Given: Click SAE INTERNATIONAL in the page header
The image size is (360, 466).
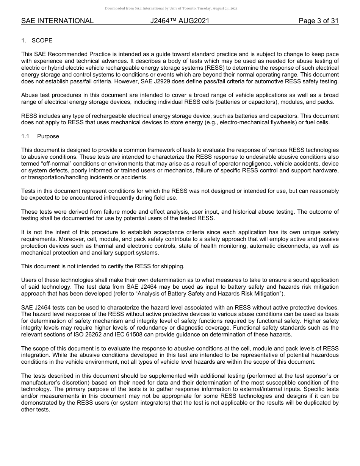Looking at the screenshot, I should click(57, 21).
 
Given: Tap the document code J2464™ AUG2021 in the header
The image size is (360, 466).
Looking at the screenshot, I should click(180, 21).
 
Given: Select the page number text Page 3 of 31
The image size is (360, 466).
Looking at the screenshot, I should click(318, 21).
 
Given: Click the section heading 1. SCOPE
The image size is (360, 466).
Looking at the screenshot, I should click(37, 41).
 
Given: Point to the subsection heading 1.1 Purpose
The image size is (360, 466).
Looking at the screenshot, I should click(40, 136).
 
